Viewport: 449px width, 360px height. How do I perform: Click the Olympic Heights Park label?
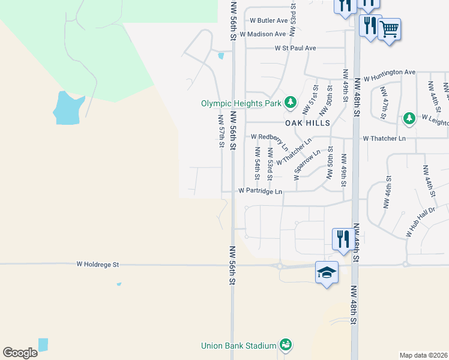point(241,103)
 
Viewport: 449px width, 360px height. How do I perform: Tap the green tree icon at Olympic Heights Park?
point(291,103)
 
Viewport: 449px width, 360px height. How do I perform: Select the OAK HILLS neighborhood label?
point(307,122)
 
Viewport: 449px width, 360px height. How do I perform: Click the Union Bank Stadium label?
point(238,346)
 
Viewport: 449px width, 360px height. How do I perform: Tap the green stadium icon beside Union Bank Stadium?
point(286,345)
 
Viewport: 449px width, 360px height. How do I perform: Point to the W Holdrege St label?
point(98,264)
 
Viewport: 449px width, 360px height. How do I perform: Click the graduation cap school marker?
point(327,273)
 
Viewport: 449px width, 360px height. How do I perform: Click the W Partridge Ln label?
point(260,191)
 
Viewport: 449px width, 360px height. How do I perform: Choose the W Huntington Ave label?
point(390,76)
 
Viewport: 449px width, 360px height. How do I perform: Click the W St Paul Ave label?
point(295,48)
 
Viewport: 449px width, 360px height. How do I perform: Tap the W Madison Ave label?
point(263,35)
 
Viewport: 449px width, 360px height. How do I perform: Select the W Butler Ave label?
point(265,20)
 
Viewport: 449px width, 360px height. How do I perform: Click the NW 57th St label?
point(221,131)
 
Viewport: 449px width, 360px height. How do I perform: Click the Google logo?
point(20,353)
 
